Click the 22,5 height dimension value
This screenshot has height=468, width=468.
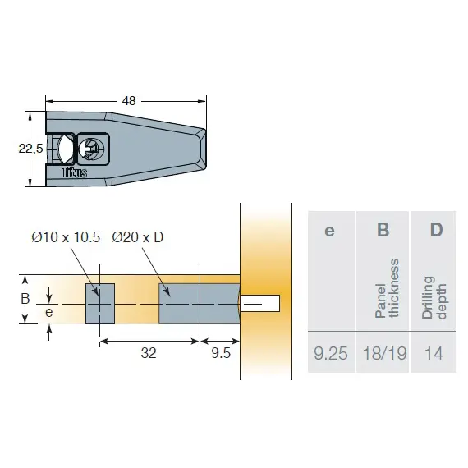30,149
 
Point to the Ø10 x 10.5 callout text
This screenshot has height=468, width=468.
66,237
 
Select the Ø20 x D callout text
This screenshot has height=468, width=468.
138,237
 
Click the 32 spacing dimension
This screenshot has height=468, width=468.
148,354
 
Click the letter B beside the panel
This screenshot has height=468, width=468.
25,299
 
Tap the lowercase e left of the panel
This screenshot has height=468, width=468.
48,312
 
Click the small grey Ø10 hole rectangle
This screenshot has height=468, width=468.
100,303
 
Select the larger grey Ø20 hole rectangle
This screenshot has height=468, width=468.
199,303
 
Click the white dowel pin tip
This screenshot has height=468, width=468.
263,303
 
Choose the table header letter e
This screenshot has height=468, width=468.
330,231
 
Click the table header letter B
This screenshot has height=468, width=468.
383,230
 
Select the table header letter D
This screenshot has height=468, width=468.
436,230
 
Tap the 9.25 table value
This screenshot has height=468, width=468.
331,354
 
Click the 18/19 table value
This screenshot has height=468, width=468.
383,354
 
